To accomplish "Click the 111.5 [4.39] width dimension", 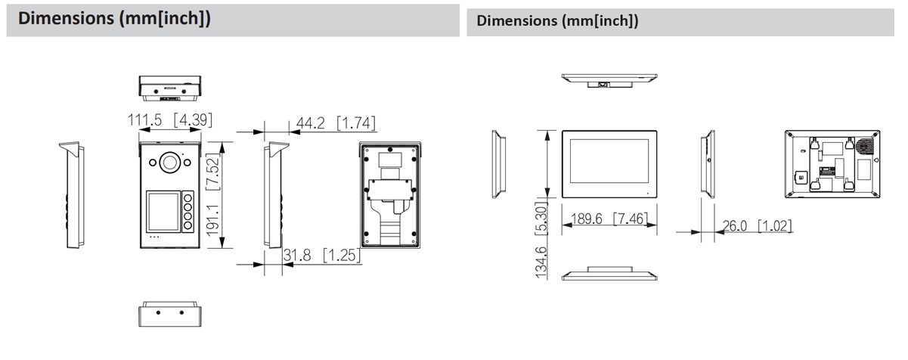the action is coord(170,120).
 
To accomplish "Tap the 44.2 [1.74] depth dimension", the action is coord(336,123).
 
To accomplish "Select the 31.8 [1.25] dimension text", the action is coord(321,255).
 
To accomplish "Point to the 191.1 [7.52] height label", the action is coord(212,194).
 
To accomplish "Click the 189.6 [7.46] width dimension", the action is coord(609,219).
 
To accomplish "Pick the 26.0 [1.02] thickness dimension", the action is coord(757,225).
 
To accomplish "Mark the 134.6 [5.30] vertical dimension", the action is coord(541,240).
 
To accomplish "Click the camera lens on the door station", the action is coord(170,163).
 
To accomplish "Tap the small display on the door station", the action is coord(163,212).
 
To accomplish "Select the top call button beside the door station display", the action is coord(187,198).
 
